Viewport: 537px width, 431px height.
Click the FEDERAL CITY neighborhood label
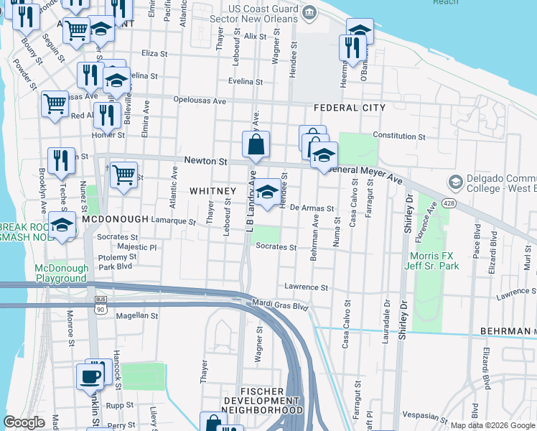click(x=350, y=108)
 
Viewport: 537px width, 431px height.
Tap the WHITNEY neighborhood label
click(x=213, y=190)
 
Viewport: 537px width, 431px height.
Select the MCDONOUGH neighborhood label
click(x=115, y=218)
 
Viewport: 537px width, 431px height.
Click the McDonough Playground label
click(x=61, y=273)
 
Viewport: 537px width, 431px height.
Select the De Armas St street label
click(x=312, y=208)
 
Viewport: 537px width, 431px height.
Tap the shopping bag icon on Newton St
click(x=256, y=145)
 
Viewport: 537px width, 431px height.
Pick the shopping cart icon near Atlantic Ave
click(x=124, y=175)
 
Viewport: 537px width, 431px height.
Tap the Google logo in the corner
click(x=24, y=422)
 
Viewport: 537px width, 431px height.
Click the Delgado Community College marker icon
click(x=454, y=180)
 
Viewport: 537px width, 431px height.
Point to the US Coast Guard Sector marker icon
click(x=309, y=12)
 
